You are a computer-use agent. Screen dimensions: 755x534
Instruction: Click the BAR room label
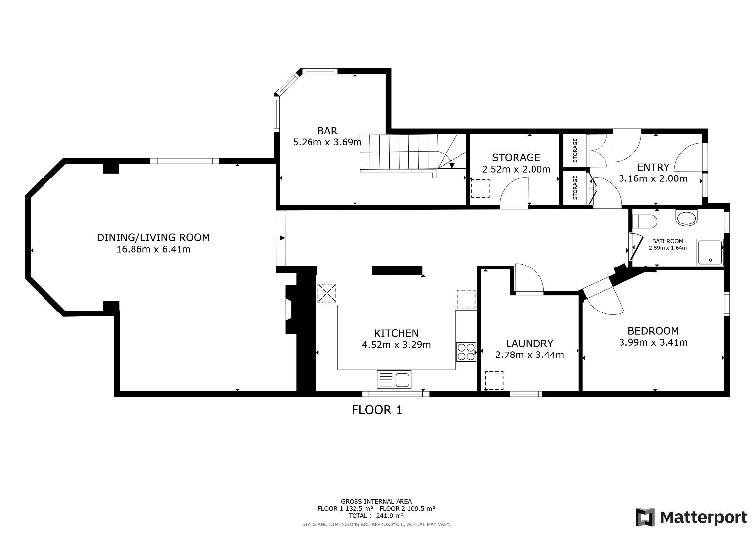click(x=327, y=131)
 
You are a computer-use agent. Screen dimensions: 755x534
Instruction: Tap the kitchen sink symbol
click(x=394, y=379)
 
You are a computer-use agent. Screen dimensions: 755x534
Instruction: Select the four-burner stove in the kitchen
click(x=466, y=352)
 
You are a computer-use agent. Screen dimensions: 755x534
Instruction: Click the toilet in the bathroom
click(x=645, y=222)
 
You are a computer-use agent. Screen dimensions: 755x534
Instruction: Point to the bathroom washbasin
click(x=686, y=218)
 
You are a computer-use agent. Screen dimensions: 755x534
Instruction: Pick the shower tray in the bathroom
click(x=710, y=252)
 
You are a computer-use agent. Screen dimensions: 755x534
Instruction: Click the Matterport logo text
click(x=703, y=517)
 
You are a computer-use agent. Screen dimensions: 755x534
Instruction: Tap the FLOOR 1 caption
click(x=377, y=410)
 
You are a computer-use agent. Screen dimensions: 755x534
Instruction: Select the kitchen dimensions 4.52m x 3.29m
click(x=397, y=345)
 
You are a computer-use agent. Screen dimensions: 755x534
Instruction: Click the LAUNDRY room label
click(x=530, y=343)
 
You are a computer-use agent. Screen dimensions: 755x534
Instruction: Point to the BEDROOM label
click(x=653, y=331)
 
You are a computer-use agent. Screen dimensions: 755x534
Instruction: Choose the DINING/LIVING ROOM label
click(x=153, y=238)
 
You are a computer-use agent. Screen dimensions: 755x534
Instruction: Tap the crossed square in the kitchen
click(x=327, y=293)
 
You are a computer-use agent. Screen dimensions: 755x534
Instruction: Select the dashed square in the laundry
click(x=494, y=380)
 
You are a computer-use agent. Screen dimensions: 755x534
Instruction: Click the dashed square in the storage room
click(x=480, y=188)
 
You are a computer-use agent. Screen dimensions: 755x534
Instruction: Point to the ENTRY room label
click(x=653, y=167)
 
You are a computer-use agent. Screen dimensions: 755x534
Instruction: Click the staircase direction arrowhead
click(x=452, y=166)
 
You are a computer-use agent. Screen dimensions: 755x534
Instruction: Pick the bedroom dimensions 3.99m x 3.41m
click(x=653, y=342)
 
